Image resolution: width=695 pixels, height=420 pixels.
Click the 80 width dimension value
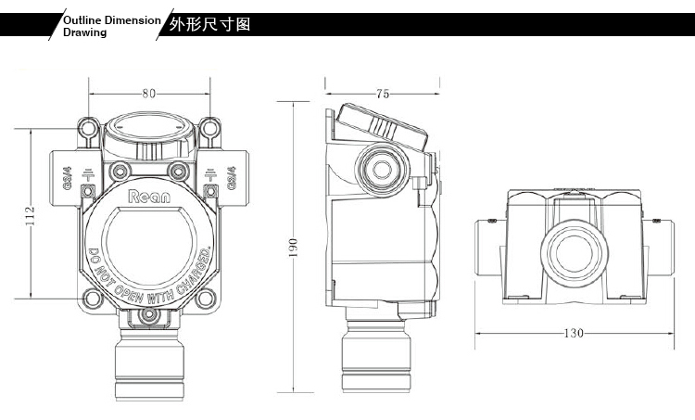point(148,92)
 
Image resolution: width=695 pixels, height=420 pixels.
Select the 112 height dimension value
point(32,216)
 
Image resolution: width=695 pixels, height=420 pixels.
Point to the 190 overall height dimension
point(293,246)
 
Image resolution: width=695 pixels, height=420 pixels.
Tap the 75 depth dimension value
point(383,93)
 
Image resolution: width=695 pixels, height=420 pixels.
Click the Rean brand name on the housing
point(148,197)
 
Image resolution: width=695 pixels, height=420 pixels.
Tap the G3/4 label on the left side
point(68,177)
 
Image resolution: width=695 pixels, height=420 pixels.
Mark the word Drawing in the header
point(84,32)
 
